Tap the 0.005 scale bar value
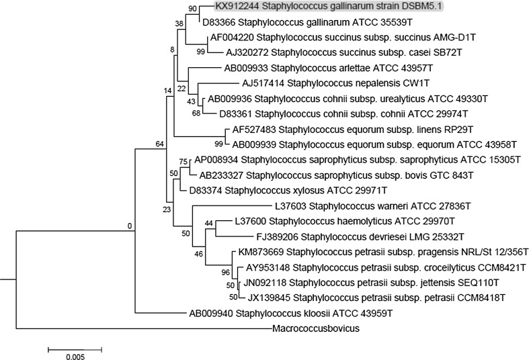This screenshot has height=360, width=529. point(75,357)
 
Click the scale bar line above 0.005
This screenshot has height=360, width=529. point(75,349)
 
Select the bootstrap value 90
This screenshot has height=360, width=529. point(194,9)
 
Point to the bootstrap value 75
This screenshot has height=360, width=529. point(184,161)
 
